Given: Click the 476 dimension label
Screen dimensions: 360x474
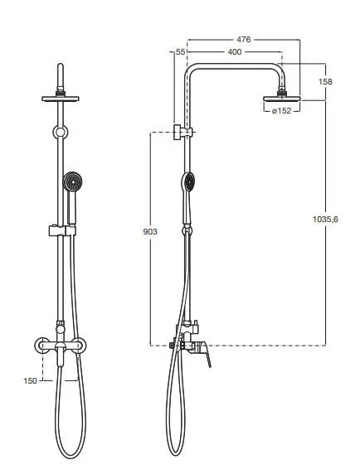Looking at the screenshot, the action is point(244,39).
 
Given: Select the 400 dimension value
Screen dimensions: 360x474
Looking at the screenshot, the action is point(235,52).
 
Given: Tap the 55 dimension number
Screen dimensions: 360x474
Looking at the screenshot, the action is point(180,52).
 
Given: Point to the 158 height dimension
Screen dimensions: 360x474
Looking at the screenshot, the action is point(325,81).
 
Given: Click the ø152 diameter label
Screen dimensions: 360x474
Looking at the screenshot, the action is point(282,111).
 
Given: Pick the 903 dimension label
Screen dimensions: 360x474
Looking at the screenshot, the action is point(150,232).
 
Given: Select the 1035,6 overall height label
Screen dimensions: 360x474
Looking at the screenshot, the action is point(325,219).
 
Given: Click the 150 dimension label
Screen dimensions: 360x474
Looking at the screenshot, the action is point(30,381).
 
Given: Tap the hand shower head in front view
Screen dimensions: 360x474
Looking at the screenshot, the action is point(73,181).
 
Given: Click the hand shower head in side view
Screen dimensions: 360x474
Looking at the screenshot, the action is point(189,182).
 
